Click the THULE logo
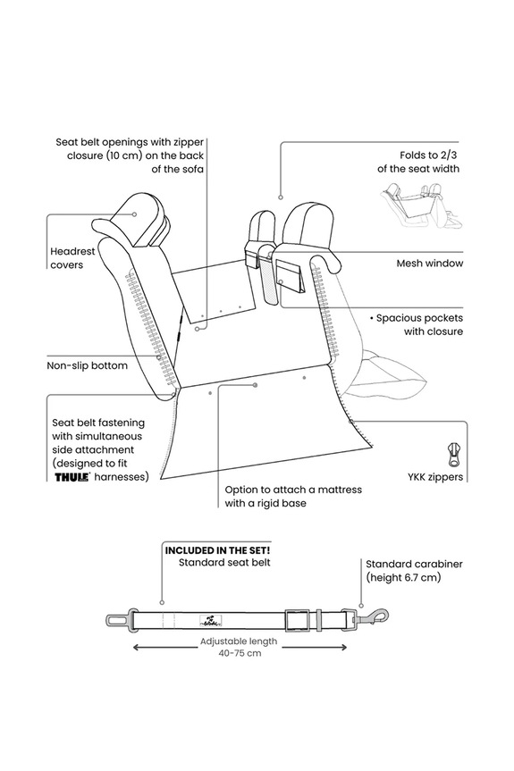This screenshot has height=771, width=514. pyautogui.click(x=72, y=476)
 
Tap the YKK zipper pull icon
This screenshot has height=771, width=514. pyautogui.click(x=453, y=455)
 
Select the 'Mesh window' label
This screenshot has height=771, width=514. pyautogui.click(x=430, y=263)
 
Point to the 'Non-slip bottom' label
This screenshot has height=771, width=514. pyautogui.click(x=87, y=365)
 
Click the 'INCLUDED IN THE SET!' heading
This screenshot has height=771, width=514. pyautogui.click(x=217, y=550)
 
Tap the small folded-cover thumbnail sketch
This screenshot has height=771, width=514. pyautogui.click(x=422, y=205)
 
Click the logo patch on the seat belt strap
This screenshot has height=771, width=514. pyautogui.click(x=212, y=621)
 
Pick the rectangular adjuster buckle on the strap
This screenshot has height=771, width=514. pyautogui.click(x=297, y=619)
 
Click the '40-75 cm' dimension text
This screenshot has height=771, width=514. pyautogui.click(x=240, y=653)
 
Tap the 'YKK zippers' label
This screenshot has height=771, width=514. pyautogui.click(x=435, y=477)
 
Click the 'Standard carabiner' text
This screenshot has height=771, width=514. pyautogui.click(x=414, y=564)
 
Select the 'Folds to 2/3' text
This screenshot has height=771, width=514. pyautogui.click(x=429, y=155)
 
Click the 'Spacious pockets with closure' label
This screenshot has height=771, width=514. pyautogui.click(x=417, y=324)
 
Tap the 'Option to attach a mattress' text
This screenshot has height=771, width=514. pyautogui.click(x=293, y=490)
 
